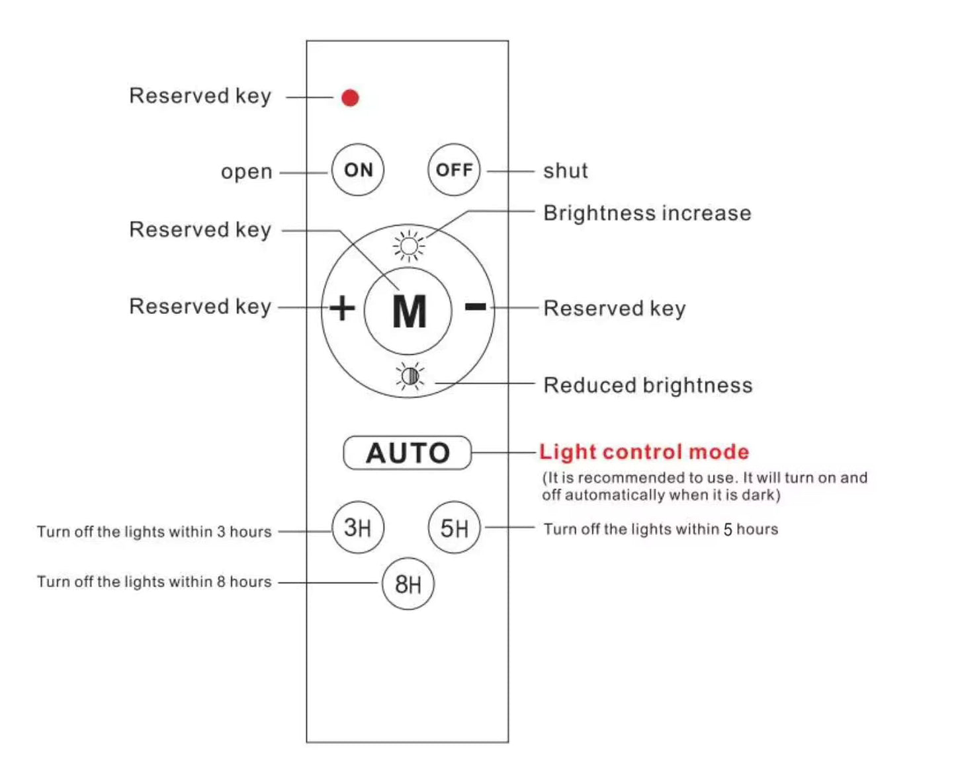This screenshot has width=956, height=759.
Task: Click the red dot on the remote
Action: pos(350,98)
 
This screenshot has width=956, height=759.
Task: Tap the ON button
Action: pos(358,170)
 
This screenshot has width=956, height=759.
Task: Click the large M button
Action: pos(408,311)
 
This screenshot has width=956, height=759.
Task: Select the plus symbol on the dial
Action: pos(342,308)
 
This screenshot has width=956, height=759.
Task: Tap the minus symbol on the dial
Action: pos(475,306)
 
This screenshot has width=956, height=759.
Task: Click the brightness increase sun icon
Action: pos(409,247)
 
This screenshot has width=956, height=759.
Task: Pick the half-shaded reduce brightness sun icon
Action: pos(410,376)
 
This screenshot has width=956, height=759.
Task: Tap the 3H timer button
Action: pos(358,528)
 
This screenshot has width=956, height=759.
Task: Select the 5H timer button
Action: pos(454,528)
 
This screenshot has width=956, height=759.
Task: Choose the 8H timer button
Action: pos(408,584)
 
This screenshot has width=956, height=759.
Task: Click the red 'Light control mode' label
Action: pos(644,452)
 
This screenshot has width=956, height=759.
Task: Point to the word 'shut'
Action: pos(565,171)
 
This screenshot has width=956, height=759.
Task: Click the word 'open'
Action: pos(246,172)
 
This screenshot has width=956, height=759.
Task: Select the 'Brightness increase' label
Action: pos(647,213)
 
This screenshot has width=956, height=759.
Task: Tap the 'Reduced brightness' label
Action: pos(648,385)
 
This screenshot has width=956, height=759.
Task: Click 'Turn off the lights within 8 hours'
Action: pos(154,582)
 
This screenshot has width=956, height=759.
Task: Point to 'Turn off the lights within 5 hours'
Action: pos(660,529)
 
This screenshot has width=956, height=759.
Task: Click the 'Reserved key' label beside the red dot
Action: pos(200,97)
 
